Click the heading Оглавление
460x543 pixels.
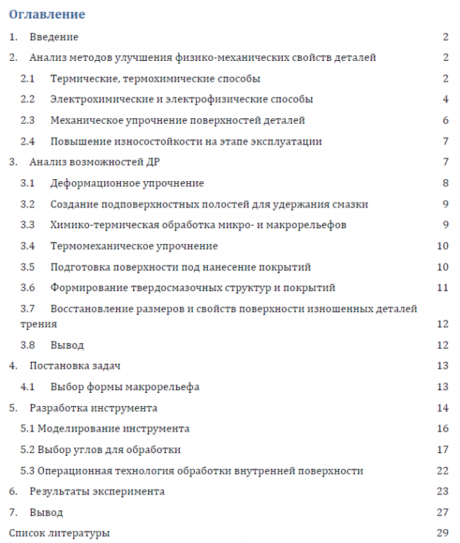47,14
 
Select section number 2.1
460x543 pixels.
28,79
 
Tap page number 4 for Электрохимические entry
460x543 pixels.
446,100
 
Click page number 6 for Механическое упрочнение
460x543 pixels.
446,120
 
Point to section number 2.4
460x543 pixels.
28,142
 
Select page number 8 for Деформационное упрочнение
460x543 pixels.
446,183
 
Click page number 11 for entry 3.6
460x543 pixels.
443,288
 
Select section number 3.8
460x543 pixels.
28,344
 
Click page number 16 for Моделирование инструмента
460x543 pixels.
443,429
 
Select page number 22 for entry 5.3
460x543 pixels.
443,471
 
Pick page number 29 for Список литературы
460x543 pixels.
443,533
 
